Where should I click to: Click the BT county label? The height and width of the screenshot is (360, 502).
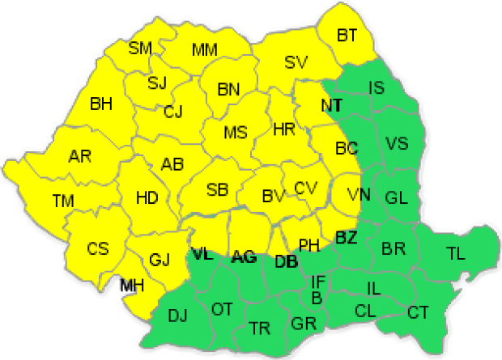347,35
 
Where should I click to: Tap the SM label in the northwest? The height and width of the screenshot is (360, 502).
140,48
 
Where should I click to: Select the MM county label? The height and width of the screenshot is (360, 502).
205,51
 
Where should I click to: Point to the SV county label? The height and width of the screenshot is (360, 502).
296,62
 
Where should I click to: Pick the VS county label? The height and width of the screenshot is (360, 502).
397,144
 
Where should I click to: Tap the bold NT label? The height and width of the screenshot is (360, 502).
331,106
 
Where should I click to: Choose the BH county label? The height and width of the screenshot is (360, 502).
101,104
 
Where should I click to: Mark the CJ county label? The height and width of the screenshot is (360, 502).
173,112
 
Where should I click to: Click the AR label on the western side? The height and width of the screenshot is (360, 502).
79,155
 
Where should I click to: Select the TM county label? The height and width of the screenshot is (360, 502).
62,199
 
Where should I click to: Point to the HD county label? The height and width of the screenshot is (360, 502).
147,197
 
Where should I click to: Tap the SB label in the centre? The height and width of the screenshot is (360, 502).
217,190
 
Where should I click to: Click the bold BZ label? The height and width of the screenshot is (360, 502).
346,237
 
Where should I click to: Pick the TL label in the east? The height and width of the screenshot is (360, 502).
456,253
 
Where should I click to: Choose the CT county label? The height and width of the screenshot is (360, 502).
418,311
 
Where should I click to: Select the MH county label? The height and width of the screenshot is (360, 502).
132,285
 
